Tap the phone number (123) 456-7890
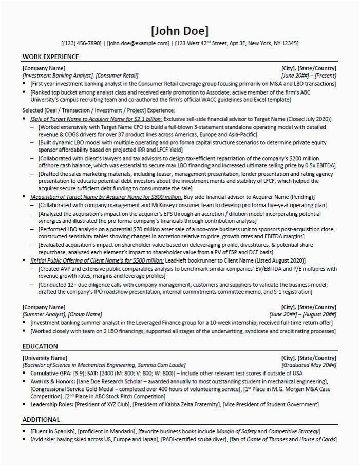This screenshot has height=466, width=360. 81,44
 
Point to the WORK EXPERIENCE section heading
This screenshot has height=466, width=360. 51,56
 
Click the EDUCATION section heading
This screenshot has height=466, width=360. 40,346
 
